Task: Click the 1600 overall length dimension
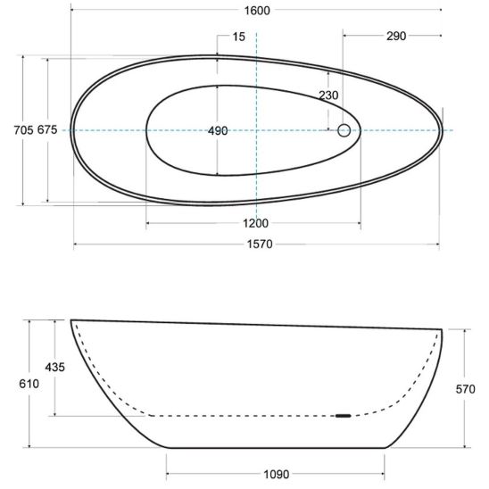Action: coord(257,11)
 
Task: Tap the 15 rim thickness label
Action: coord(239,37)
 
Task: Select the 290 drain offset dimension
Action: coord(396,37)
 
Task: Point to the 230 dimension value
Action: coord(328,95)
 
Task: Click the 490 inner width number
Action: coord(218,131)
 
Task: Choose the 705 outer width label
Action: coord(23,129)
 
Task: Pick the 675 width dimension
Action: coord(47,129)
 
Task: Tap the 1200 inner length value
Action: coord(255,223)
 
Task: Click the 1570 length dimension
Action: coord(260,244)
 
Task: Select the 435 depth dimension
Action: coord(55,367)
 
